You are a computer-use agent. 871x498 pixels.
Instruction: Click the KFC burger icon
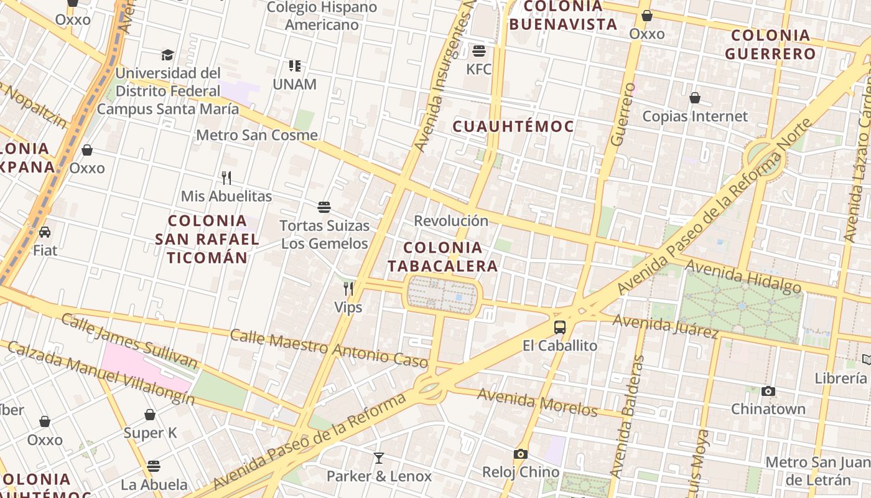[479, 50]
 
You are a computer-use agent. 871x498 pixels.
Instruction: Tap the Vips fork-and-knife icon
[348, 289]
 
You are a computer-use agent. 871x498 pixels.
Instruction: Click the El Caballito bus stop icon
[560, 327]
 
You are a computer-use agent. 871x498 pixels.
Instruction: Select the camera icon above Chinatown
[768, 391]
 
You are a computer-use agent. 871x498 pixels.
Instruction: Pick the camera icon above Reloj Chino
[521, 454]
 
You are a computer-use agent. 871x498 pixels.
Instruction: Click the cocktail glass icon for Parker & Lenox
[379, 458]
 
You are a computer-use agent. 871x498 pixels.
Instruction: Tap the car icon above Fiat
[45, 232]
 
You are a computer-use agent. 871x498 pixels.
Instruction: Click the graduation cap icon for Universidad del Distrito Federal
[167, 55]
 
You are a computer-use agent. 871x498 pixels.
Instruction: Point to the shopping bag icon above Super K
[150, 415]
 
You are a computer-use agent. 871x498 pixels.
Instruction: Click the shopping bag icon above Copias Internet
[695, 98]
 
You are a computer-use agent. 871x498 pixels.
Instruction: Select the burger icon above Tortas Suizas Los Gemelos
[324, 207]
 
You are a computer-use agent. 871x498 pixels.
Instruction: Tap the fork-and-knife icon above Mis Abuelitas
[226, 178]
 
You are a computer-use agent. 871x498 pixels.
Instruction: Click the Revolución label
[451, 221]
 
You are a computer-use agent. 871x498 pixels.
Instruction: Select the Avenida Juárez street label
[666, 326]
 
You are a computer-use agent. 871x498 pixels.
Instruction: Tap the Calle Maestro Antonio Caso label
[329, 349]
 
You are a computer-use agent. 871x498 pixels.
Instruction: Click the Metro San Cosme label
[257, 135]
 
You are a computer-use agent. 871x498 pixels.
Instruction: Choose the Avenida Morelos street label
[537, 403]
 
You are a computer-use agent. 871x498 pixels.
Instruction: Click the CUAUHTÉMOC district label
[513, 126]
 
